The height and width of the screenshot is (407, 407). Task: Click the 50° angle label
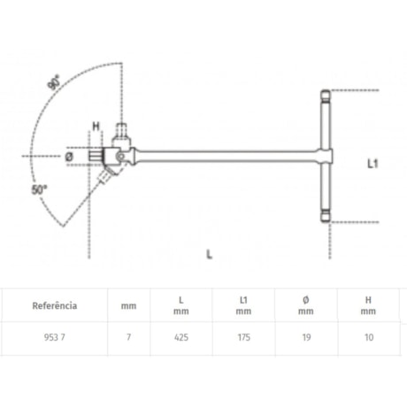click(x=40, y=189)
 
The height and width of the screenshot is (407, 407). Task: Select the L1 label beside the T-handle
click(x=374, y=164)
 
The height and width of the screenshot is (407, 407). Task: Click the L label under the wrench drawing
click(x=209, y=254)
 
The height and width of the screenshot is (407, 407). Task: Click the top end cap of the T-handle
click(x=325, y=93)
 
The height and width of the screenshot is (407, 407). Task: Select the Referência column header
click(x=55, y=305)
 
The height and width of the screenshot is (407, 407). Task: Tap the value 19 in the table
click(x=305, y=337)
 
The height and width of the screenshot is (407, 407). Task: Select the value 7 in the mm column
click(x=128, y=337)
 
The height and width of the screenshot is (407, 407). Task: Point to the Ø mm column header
click(x=305, y=305)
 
